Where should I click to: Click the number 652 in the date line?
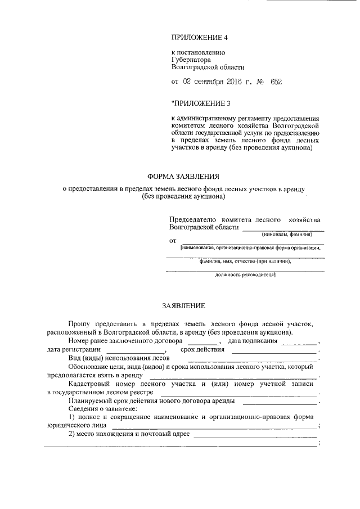pyautogui.click(x=276, y=82)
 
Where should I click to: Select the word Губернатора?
pyautogui.click(x=191, y=58)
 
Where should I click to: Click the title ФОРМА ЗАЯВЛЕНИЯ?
pyautogui.click(x=183, y=175)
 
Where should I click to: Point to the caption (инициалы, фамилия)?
pyautogui.click(x=287, y=234)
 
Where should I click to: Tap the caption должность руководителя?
pyautogui.click(x=245, y=274)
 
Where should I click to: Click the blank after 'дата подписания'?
pyautogui.click(x=299, y=343)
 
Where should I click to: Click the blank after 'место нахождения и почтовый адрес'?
pyautogui.click(x=256, y=435)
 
